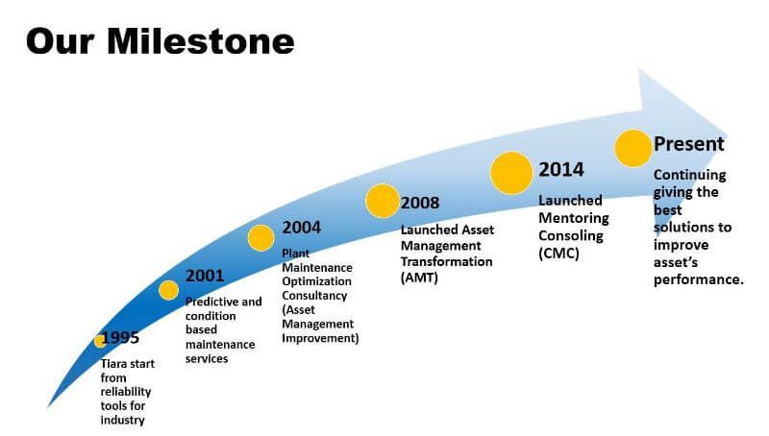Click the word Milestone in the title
point(201,41)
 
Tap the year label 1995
point(120,337)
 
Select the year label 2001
point(205,276)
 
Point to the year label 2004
point(302,228)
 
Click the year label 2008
point(420,203)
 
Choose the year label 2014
point(561,169)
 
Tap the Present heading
point(688,144)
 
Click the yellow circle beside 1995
point(100,341)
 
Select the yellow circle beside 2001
point(169,290)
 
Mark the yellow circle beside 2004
point(260,238)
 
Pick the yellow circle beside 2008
point(383,201)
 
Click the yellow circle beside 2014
point(511,173)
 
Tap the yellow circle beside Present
point(633,149)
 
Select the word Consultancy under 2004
point(314,296)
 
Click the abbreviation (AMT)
point(419,278)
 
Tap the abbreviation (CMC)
point(558,254)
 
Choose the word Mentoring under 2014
point(574,218)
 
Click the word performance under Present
point(699,279)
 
